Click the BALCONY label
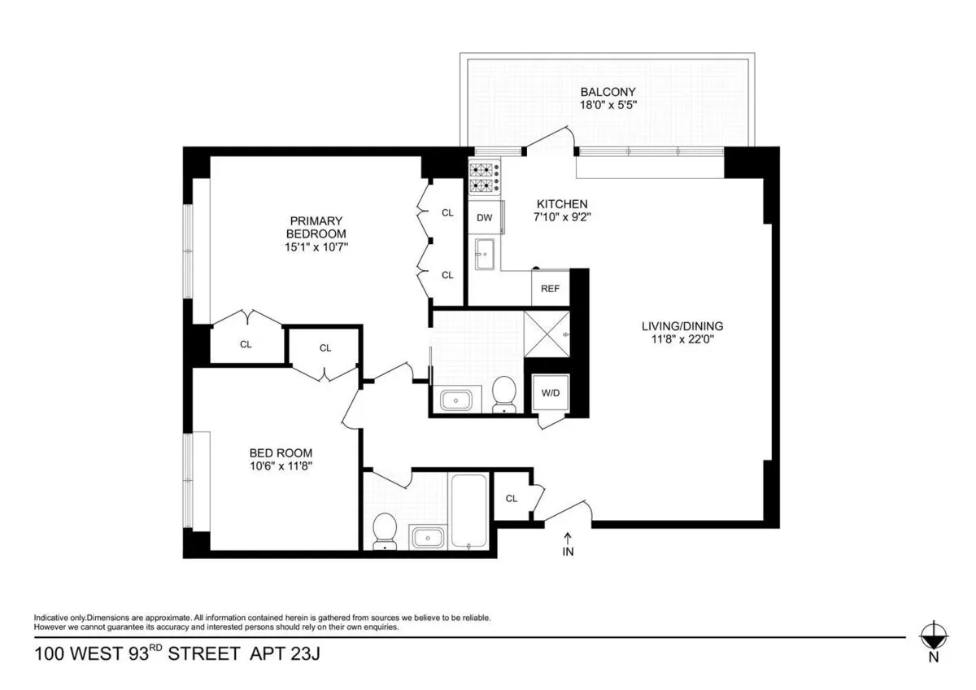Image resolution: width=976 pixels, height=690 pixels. tap(608, 92)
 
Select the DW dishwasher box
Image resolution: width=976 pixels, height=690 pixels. tap(485, 217)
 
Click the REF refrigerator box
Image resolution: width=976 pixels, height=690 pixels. tap(550, 288)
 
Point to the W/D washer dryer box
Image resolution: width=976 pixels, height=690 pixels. tap(551, 394)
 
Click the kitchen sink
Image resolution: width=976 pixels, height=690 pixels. tap(486, 254)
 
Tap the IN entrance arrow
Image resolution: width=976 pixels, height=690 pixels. tap(569, 544)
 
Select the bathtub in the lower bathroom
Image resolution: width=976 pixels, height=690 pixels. tap(469, 511)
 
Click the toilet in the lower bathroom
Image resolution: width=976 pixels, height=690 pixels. tap(382, 531)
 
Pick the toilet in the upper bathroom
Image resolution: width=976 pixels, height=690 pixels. tap(504, 395)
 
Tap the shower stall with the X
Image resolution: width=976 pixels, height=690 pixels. tap(546, 332)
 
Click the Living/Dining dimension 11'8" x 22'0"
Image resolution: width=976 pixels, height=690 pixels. tap(682, 340)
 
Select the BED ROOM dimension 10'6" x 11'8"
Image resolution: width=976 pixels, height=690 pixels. tap(281, 467)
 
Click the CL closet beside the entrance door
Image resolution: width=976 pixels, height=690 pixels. tap(512, 499)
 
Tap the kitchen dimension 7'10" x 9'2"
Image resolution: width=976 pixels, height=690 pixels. tap(560, 217)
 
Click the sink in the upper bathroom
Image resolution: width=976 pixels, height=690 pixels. tap(455, 399)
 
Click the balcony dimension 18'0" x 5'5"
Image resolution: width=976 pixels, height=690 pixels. tap(608, 106)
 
